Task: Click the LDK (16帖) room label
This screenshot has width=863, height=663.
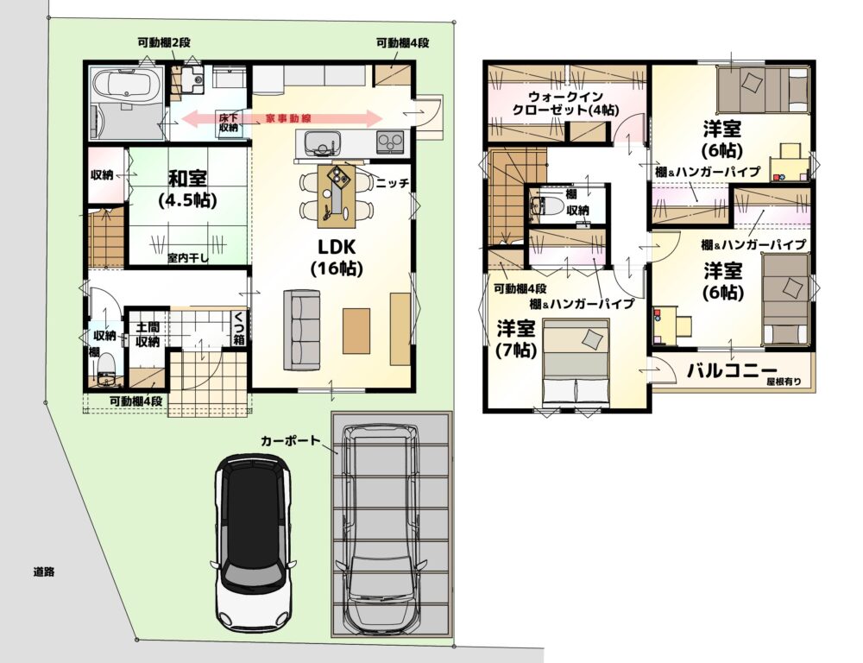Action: [x=337, y=257]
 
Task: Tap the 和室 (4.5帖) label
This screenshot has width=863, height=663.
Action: [x=187, y=189]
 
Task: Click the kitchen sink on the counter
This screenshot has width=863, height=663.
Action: [x=318, y=143]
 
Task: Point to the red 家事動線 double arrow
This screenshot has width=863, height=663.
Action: [x=282, y=118]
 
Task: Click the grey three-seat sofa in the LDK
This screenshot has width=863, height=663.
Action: [x=301, y=329]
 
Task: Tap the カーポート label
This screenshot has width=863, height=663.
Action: [x=290, y=440]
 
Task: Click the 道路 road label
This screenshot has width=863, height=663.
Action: [x=43, y=571]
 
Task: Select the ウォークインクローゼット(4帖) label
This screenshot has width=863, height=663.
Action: [x=565, y=103]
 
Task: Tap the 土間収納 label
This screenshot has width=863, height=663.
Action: [x=147, y=335]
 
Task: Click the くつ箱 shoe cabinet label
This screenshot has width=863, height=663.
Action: [x=239, y=328]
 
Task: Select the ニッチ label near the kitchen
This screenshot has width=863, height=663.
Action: [x=393, y=183]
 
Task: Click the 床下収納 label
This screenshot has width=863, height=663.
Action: [x=229, y=123]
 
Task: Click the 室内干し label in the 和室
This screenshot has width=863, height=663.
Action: [x=187, y=258]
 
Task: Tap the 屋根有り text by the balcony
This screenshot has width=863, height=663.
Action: [x=784, y=382]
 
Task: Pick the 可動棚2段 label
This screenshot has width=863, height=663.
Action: [x=164, y=42]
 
